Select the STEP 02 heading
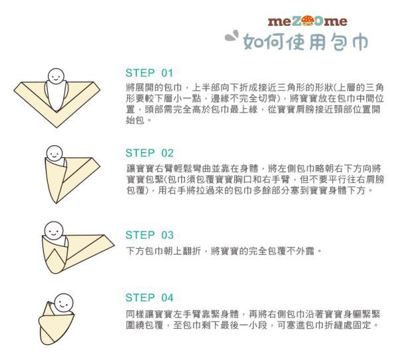click(149, 152)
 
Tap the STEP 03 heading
click(149, 235)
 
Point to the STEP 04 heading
click(149, 297)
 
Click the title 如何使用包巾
click(306, 41)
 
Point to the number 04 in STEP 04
click(166, 297)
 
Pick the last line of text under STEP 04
click(252, 326)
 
